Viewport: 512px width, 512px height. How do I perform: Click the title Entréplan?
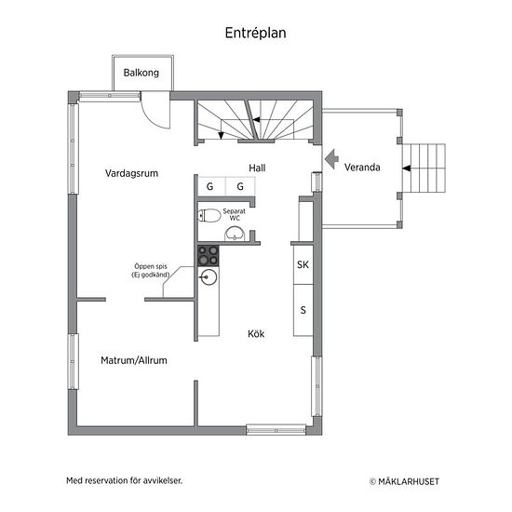[256, 33]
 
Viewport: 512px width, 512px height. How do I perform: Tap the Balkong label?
[141, 73]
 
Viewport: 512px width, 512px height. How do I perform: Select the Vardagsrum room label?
[131, 173]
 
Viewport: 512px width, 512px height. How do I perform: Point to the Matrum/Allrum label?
[134, 360]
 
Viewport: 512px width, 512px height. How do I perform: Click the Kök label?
[256, 333]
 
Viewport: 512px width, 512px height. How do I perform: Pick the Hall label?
[257, 168]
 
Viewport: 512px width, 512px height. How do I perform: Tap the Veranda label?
[362, 168]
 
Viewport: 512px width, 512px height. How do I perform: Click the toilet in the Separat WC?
[209, 216]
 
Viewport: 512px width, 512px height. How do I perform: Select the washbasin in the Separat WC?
[235, 234]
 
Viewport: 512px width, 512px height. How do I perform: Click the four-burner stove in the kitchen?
[208, 255]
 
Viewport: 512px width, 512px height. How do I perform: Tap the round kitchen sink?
[208, 277]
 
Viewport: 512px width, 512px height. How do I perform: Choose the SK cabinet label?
[303, 264]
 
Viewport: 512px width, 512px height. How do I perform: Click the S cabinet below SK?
[303, 310]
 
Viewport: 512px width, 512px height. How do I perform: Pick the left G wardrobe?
[211, 186]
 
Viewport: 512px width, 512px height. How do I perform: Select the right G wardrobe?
[240, 186]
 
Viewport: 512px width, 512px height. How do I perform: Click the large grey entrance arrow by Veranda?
[331, 159]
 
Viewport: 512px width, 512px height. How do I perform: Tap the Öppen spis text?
[151, 266]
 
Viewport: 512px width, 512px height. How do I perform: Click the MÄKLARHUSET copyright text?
[404, 481]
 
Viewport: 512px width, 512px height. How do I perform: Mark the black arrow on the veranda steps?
[407, 168]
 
